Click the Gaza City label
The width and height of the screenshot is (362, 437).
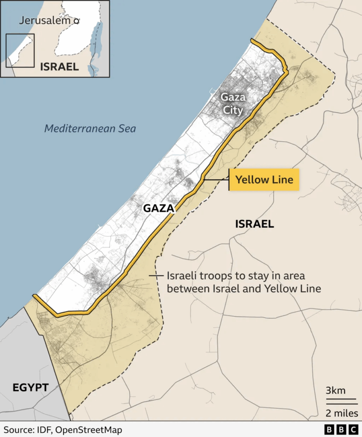coord(233,104)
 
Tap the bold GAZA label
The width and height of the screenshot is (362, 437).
coord(159,209)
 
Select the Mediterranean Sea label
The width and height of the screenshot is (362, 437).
coord(90,128)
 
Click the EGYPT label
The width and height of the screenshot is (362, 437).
coord(30,387)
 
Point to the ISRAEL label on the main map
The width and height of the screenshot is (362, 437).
coord(254,224)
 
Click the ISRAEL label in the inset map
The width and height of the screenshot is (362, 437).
coord(59,67)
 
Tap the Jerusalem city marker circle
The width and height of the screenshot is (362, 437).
coord(76,20)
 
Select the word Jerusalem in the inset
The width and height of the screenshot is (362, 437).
coord(45,20)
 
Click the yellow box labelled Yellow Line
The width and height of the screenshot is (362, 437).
coord(264,180)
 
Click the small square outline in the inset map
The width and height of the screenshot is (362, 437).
coord(20,50)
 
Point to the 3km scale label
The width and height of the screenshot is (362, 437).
coord(336,390)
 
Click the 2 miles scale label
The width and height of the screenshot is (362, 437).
coord(342,413)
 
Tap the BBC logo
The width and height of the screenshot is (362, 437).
coord(341,429)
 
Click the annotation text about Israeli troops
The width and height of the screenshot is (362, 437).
coord(243,282)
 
